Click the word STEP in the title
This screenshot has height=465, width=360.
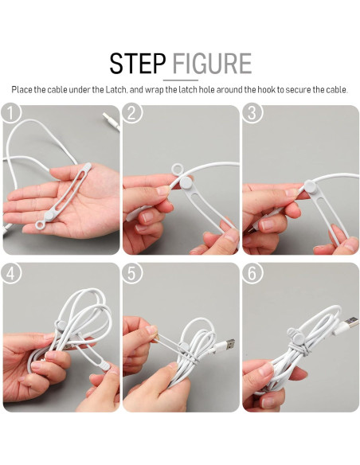(x=137, y=64)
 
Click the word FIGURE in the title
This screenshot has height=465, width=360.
(x=212, y=64)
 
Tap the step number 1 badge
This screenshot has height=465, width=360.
(x=11, y=112)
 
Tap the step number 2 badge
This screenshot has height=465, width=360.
(x=132, y=112)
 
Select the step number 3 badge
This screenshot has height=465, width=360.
(x=252, y=112)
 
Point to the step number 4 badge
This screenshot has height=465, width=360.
(x=11, y=273)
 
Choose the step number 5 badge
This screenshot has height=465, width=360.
(x=132, y=273)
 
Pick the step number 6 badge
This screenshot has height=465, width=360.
(x=252, y=273)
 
